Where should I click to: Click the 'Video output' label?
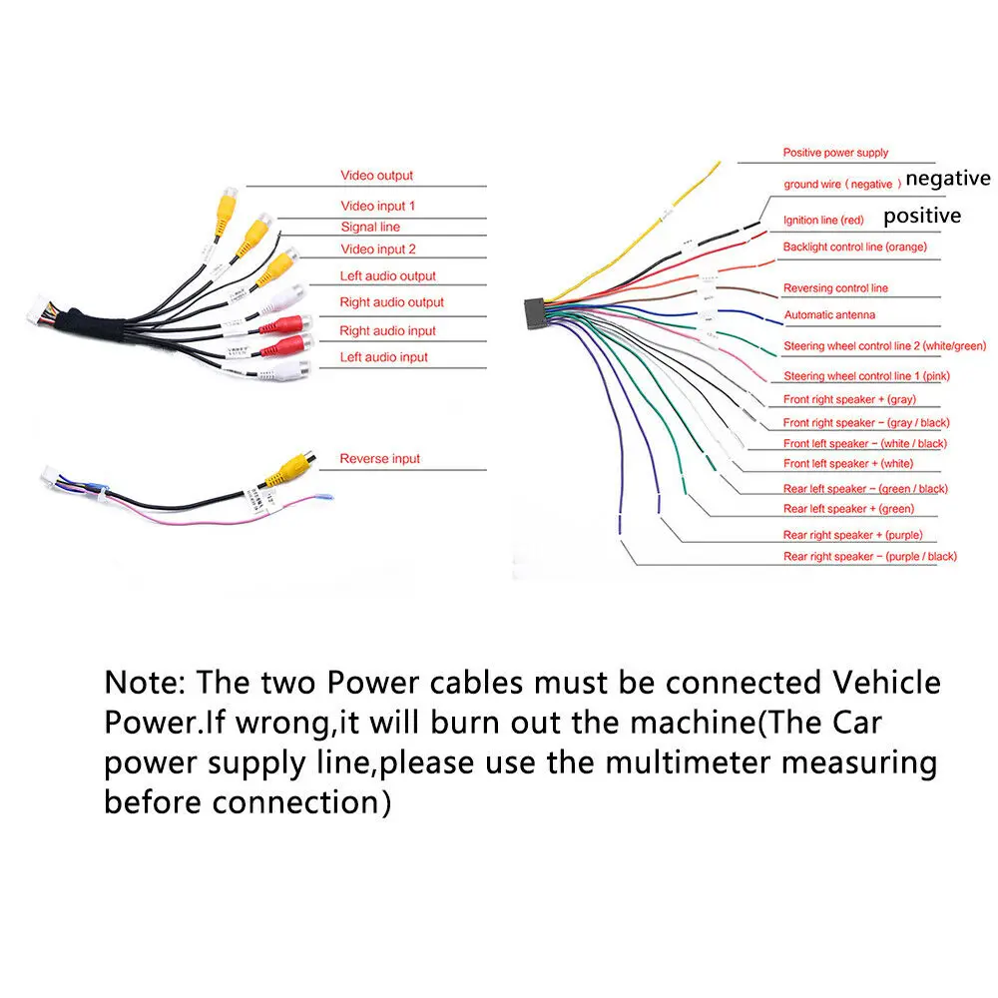coord(377,175)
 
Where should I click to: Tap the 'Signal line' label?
coord(370,227)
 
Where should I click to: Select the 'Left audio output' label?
coord(387,275)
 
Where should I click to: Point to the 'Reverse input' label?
coord(380,458)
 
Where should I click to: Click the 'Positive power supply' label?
coord(835,153)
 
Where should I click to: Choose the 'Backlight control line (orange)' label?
coord(855,247)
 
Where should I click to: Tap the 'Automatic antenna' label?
coord(829,315)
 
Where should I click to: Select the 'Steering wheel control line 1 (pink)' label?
coord(866,376)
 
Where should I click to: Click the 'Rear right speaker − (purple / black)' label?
coord(869,556)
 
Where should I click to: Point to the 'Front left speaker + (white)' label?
coord(847,464)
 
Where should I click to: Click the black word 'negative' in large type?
coord(948,179)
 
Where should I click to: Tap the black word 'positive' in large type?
coord(922,216)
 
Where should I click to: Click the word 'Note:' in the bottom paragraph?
coord(145,683)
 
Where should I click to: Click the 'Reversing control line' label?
coord(835,288)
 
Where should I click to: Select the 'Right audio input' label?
coord(387,330)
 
